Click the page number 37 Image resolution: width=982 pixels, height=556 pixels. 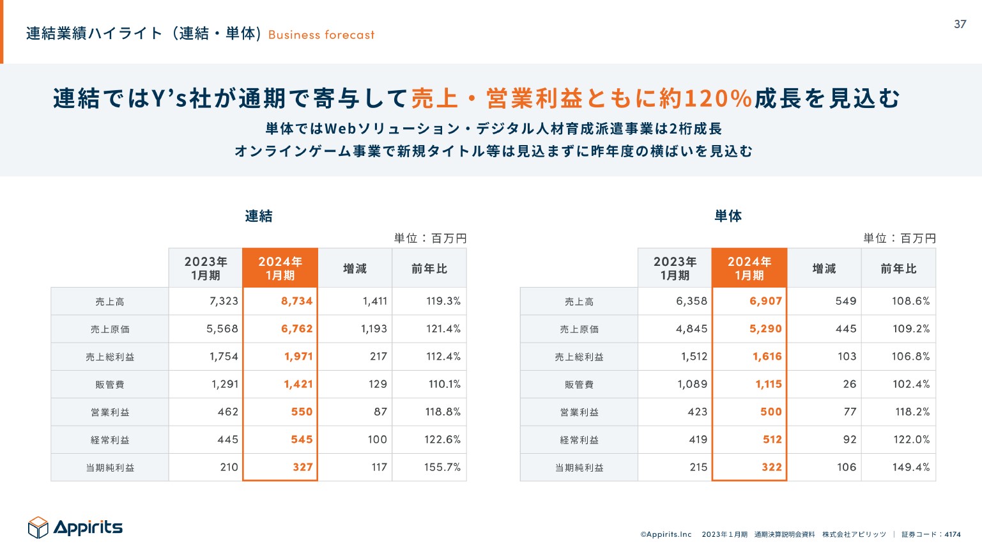click(960, 24)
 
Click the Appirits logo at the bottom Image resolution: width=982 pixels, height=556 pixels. click(75, 527)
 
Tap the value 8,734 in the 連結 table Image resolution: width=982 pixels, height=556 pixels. click(296, 301)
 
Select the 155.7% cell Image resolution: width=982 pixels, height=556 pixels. click(442, 467)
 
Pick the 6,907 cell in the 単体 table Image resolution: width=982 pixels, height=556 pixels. click(765, 301)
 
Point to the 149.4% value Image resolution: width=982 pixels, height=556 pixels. click(911, 467)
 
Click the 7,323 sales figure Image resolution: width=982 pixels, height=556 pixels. click(224, 301)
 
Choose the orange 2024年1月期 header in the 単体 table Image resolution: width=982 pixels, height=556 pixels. click(749, 268)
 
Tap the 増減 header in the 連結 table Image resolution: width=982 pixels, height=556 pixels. click(355, 268)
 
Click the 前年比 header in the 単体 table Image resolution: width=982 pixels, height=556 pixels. click(898, 268)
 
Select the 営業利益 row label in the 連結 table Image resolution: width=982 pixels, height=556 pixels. click(110, 412)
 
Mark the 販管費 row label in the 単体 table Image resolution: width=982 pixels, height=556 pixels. click(579, 385)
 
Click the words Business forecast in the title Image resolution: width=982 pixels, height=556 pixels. click(321, 35)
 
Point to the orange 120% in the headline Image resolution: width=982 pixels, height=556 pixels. click(717, 98)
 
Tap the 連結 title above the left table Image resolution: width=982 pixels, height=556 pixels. click(259, 216)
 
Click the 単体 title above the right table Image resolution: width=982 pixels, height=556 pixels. click(728, 216)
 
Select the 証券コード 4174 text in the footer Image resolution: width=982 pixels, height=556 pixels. click(931, 534)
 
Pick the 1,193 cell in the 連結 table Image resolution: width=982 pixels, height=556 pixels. click(374, 328)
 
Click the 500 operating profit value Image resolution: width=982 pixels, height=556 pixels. click(771, 412)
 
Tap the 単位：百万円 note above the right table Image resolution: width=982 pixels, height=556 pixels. click(899, 238)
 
